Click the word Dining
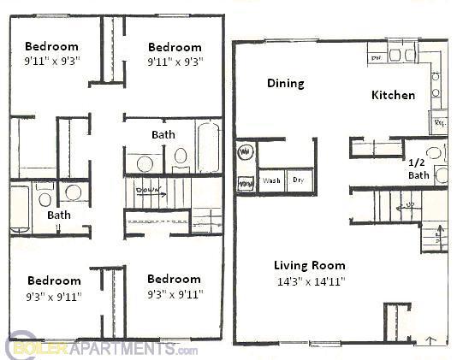click(x=285, y=83)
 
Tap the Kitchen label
click(x=393, y=95)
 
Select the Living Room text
click(x=308, y=264)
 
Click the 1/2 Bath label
click(x=418, y=168)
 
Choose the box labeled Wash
click(x=271, y=180)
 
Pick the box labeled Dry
click(x=299, y=180)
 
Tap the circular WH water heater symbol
click(x=245, y=152)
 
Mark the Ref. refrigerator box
click(x=441, y=123)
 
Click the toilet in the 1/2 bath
click(x=435, y=154)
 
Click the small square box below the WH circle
click(x=245, y=182)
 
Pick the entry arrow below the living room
click(x=430, y=339)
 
